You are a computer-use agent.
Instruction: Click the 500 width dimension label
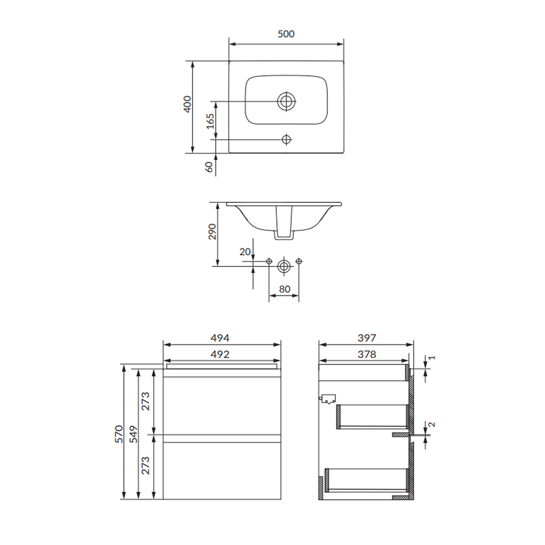click(286, 34)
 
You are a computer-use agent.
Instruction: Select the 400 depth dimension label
click(187, 104)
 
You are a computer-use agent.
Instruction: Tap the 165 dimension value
click(210, 122)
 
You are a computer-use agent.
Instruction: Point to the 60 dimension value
click(209, 167)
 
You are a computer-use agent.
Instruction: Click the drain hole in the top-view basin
click(287, 101)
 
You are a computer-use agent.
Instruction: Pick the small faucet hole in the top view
click(287, 140)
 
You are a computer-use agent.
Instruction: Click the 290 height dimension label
click(212, 232)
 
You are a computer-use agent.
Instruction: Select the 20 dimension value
click(245, 251)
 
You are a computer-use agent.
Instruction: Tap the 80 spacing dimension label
click(284, 289)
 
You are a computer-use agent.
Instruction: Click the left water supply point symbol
click(269, 261)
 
